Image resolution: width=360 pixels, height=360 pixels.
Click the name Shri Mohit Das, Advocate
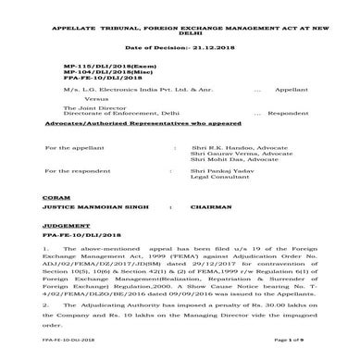click(x=229, y=161)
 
